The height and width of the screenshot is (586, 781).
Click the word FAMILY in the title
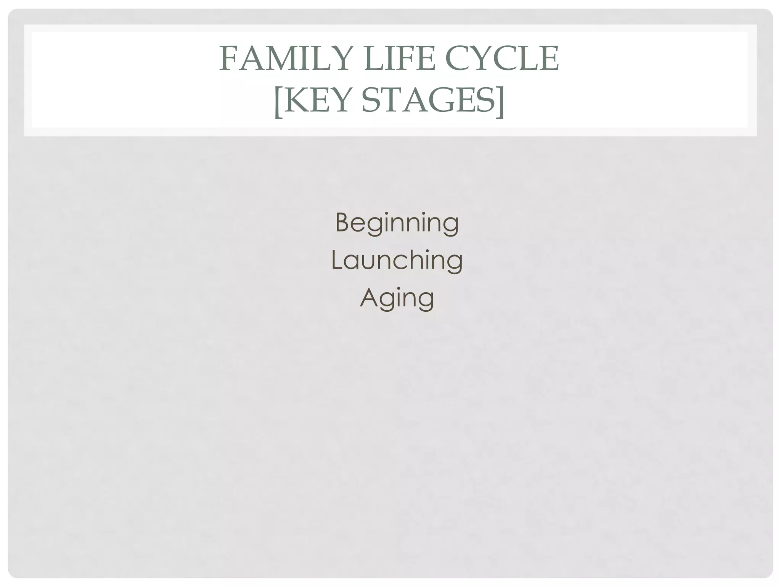(x=284, y=59)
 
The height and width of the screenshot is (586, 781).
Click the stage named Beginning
(x=397, y=223)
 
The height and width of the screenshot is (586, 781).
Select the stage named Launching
(x=397, y=260)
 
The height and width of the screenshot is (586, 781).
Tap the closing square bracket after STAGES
(x=500, y=101)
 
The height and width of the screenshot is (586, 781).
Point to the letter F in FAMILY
(x=228, y=59)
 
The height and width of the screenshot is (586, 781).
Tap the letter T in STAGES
(x=390, y=100)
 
